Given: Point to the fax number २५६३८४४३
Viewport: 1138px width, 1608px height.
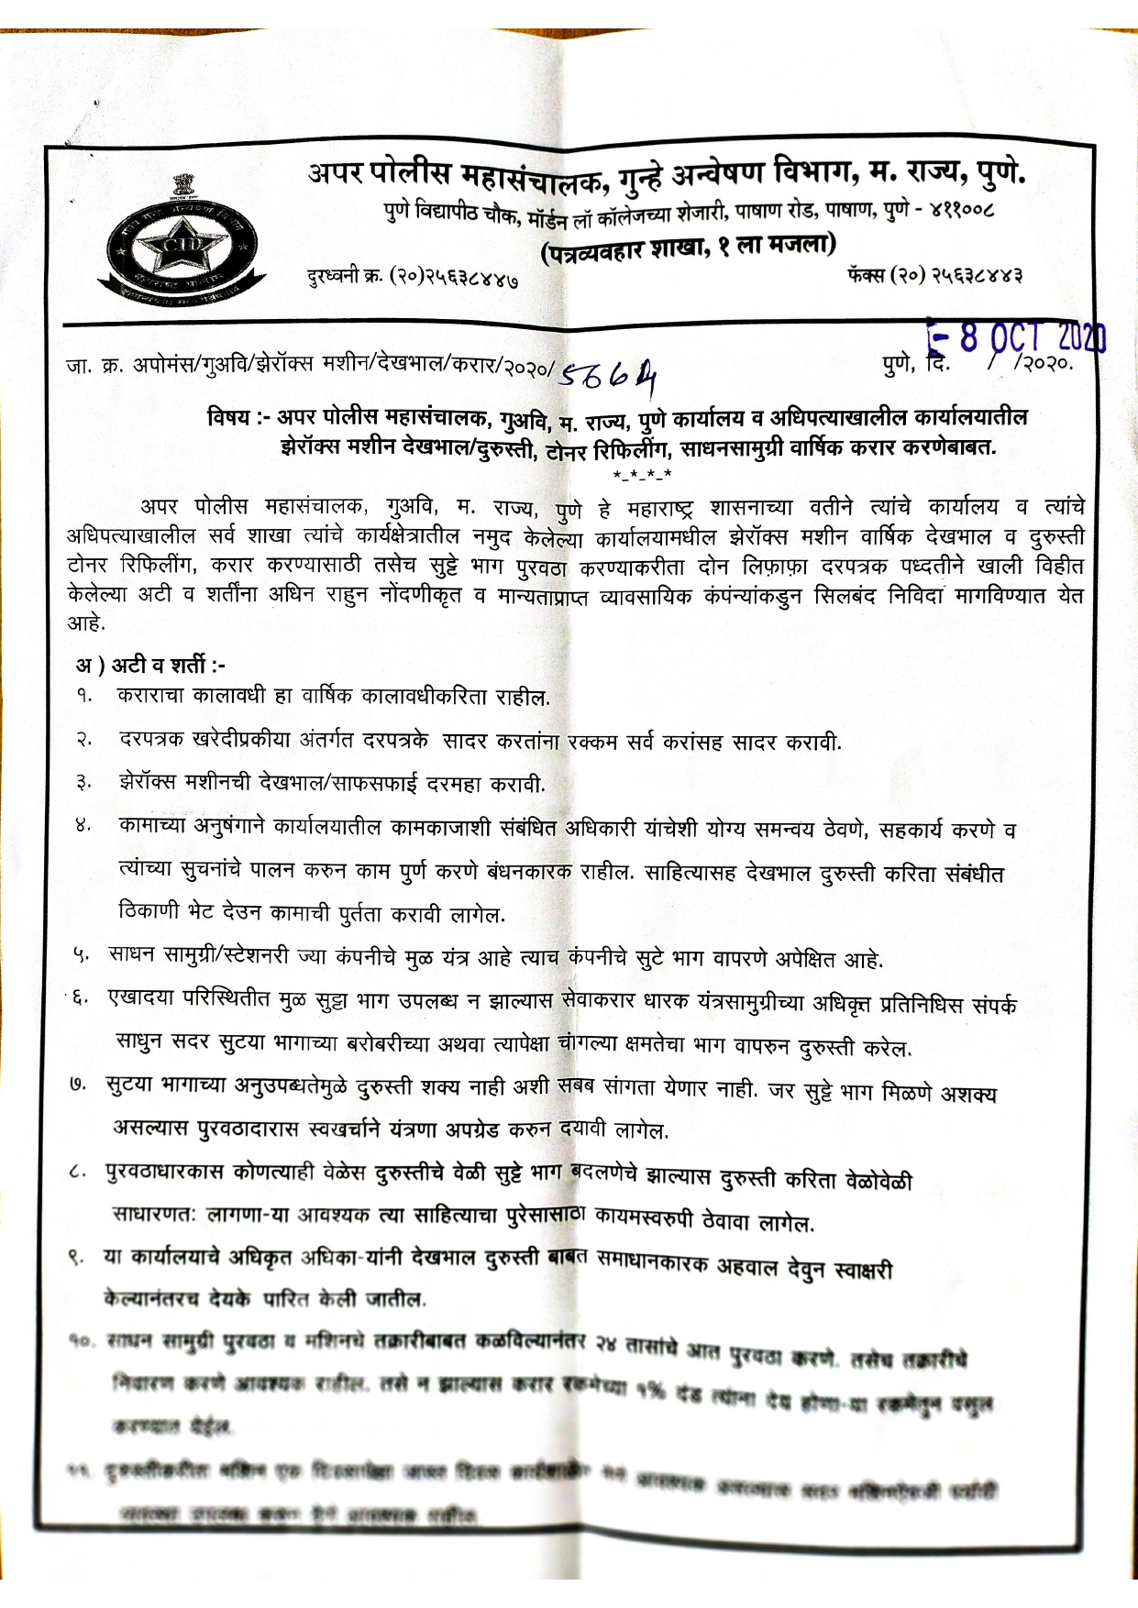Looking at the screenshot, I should click(x=976, y=274).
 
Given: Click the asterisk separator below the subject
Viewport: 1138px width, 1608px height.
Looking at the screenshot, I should click(x=642, y=474).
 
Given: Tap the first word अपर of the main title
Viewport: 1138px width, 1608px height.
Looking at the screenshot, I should click(x=337, y=172).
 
